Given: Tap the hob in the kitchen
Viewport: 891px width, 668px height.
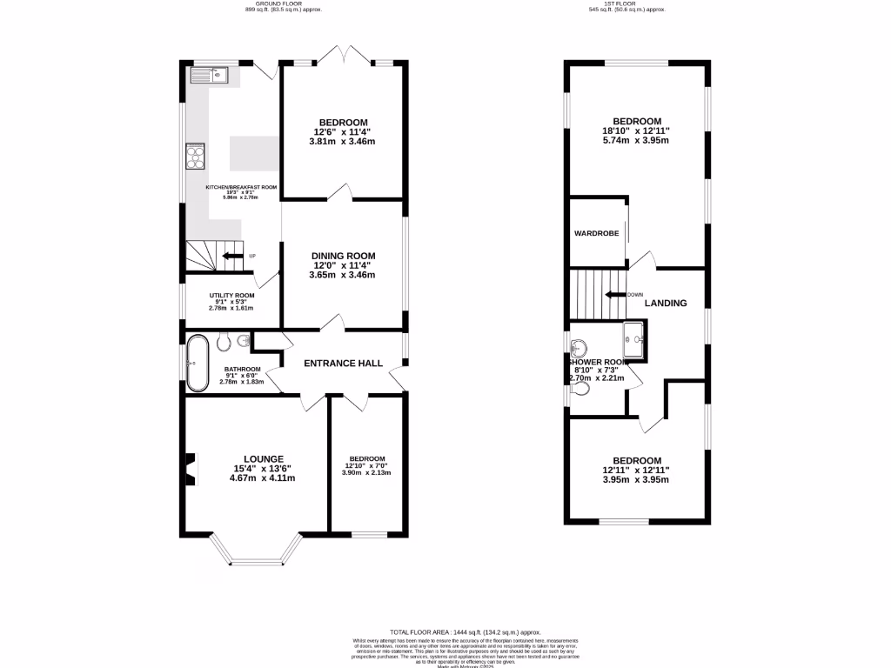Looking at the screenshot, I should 195,157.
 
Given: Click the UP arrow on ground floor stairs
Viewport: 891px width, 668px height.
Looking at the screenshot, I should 232,256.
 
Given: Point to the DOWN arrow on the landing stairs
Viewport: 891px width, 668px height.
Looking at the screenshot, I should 616,295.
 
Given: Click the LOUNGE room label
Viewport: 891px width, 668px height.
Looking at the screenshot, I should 264,459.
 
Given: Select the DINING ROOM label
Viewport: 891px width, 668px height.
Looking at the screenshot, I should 344,256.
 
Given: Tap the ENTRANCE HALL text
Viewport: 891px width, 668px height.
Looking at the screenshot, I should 343,364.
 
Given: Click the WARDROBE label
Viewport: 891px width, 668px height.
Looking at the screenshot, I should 595,234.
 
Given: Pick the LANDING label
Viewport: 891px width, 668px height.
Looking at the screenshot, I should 666,304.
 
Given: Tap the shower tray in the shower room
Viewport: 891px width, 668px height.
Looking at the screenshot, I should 634,339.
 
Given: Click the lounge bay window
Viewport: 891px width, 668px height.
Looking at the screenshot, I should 256,552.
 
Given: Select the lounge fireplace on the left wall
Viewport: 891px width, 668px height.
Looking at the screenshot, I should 189,468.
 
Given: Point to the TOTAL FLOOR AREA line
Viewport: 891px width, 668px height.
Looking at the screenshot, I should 466,632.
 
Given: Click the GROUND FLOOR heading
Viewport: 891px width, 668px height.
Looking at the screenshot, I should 271,3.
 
